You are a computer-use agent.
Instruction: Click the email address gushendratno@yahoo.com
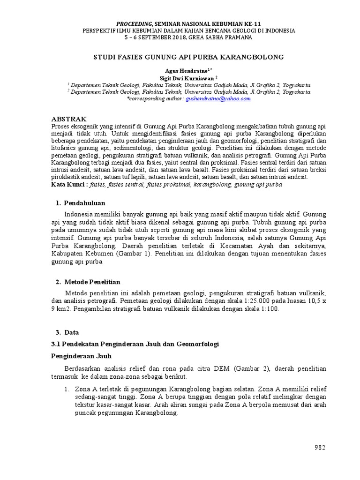click(218, 99)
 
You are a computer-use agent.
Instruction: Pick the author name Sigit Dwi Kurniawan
click(187, 78)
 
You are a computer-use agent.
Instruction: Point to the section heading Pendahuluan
click(84, 203)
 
